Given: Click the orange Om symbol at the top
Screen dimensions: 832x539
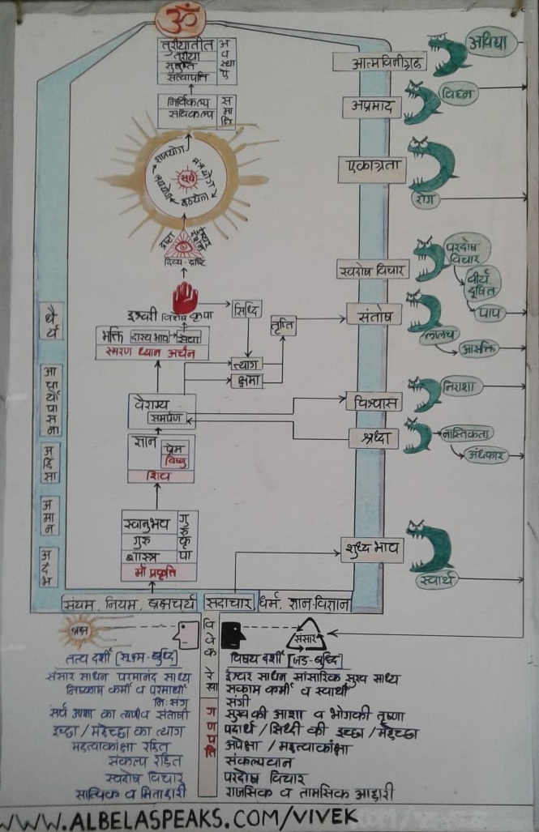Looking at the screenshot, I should [x=180, y=18].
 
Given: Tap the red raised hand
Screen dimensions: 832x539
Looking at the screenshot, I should [x=185, y=299].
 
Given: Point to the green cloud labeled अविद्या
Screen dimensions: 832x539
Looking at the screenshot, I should [x=493, y=43].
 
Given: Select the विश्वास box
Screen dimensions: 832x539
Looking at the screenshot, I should [x=373, y=401].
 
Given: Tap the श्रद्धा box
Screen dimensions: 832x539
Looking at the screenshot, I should [x=374, y=437].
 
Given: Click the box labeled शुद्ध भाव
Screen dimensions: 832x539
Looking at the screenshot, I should [x=372, y=547].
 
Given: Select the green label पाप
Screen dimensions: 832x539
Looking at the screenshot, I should [x=489, y=312].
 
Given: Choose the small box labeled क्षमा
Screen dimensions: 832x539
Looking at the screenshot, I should [x=246, y=379].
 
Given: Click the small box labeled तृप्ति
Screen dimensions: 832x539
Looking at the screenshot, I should [x=284, y=326].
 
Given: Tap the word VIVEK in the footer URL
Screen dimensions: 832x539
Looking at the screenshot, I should [x=319, y=817].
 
